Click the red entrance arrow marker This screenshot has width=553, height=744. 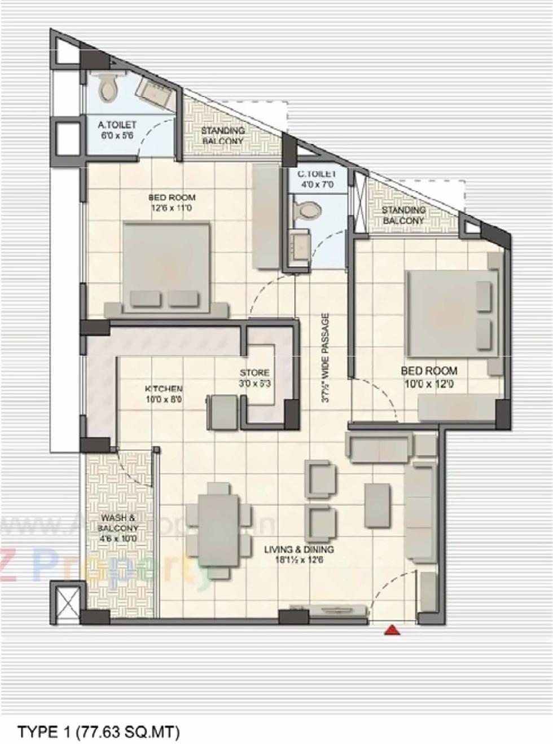(392, 630)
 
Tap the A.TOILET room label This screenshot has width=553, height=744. (117, 130)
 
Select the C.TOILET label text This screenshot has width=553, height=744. (317, 179)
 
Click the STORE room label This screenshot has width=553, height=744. (254, 378)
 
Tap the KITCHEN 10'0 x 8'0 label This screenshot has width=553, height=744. (164, 394)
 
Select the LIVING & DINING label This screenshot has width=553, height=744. (299, 554)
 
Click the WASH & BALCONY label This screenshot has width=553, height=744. (118, 528)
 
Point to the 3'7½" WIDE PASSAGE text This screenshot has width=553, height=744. (326, 358)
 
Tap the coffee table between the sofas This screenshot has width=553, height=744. (377, 504)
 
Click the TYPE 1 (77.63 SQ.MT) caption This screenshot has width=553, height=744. (99, 732)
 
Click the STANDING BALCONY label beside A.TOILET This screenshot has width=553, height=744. (223, 135)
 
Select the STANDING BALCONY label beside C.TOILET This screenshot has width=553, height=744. (403, 215)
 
